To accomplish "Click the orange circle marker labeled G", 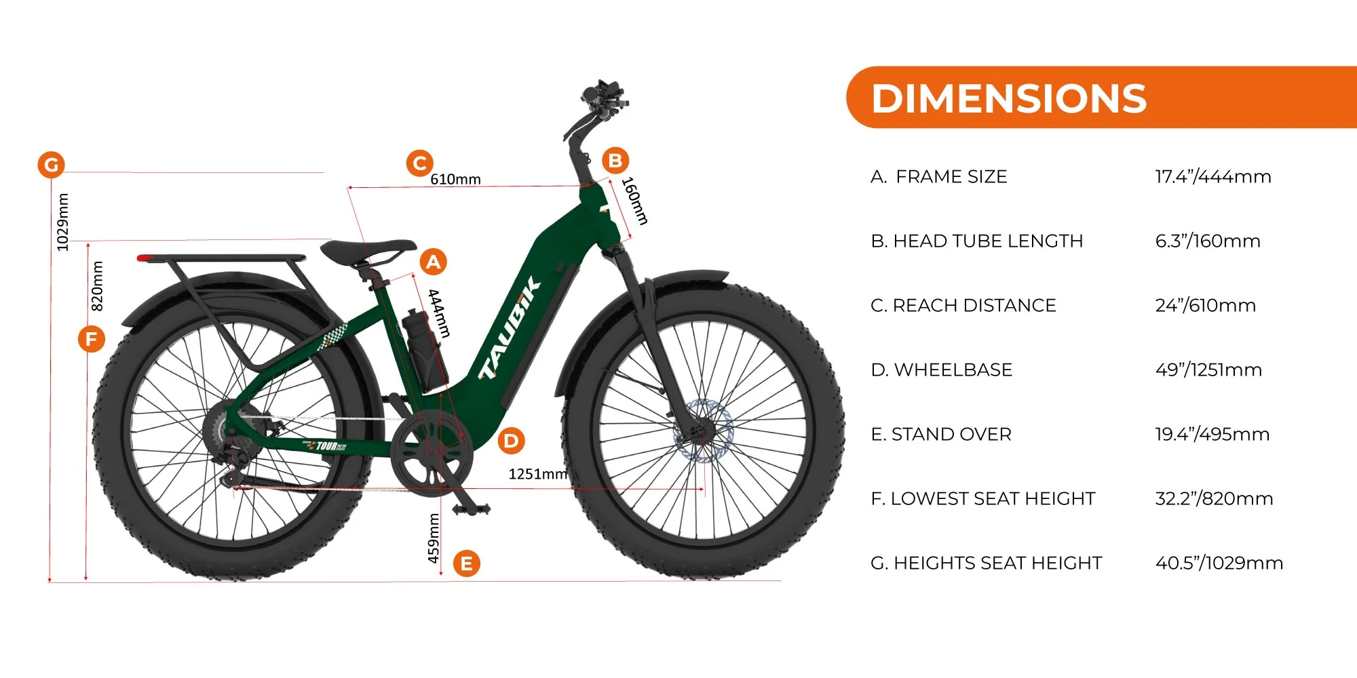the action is click(51, 165).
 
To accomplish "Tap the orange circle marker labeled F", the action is click(92, 339).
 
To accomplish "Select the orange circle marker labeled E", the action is click(467, 563).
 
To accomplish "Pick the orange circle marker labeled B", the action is click(615, 161).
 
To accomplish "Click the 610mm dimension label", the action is click(455, 180).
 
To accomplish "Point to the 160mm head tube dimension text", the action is click(635, 201).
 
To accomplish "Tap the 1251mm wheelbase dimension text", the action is click(538, 474).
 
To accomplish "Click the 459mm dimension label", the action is click(434, 538).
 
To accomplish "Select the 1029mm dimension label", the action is click(62, 222).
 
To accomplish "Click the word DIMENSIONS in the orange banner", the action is click(1009, 98).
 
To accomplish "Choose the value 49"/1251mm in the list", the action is click(1208, 370).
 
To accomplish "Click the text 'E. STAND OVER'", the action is click(941, 434).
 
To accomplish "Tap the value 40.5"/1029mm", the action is click(1219, 563).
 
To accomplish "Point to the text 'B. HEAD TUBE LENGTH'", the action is click(977, 241).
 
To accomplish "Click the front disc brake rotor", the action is click(704, 431).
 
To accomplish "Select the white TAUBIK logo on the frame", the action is click(510, 328).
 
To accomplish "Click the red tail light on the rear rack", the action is click(146, 258).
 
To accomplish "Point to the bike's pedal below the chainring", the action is click(471, 509).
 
